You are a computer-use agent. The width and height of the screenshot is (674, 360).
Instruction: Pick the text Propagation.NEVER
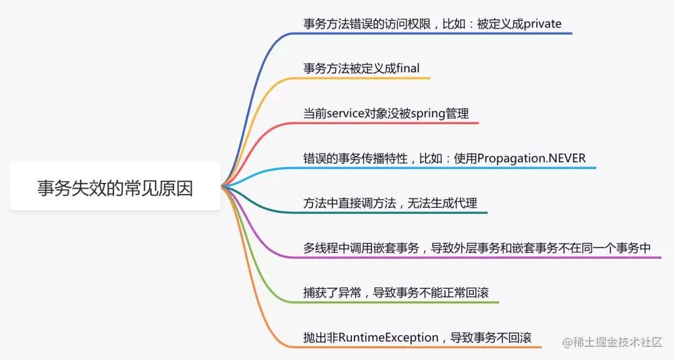532,158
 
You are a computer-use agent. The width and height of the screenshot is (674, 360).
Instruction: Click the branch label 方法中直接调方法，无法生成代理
391,203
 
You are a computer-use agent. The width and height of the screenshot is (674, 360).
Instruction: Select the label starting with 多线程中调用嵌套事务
477,248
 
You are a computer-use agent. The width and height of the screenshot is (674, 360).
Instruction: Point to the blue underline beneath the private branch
437,33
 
